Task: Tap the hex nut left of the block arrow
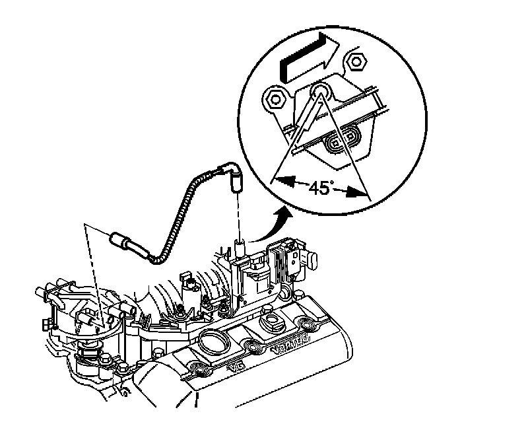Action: [x=273, y=100]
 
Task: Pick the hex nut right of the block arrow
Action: [x=357, y=61]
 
